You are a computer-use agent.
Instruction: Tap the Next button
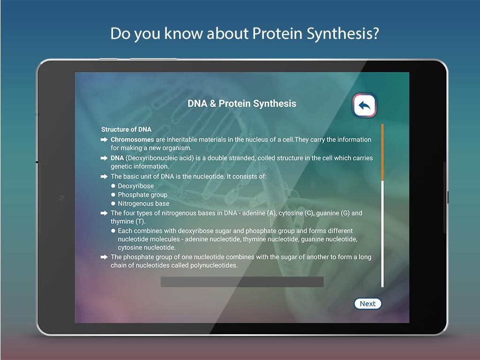(x=367, y=304)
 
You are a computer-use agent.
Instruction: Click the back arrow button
(x=365, y=105)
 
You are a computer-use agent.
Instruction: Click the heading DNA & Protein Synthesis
(x=242, y=104)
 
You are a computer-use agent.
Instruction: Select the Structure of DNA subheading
(x=126, y=129)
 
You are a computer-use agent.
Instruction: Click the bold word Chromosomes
(x=132, y=140)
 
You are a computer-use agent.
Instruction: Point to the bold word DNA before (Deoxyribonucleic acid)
(x=117, y=158)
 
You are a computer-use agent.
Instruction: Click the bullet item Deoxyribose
(x=136, y=186)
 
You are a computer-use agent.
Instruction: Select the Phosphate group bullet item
(x=142, y=195)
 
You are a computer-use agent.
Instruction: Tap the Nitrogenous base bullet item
(x=143, y=203)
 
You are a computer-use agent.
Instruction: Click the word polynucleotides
(x=213, y=265)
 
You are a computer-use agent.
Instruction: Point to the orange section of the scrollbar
(x=382, y=152)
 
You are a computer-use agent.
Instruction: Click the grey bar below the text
(x=242, y=282)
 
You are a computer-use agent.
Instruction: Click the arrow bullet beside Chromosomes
(x=104, y=140)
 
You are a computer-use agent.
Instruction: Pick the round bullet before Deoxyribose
(x=113, y=186)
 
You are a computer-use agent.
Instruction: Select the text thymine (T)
(x=128, y=221)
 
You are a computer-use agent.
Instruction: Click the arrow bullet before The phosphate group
(x=104, y=257)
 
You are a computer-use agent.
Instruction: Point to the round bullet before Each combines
(x=113, y=231)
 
